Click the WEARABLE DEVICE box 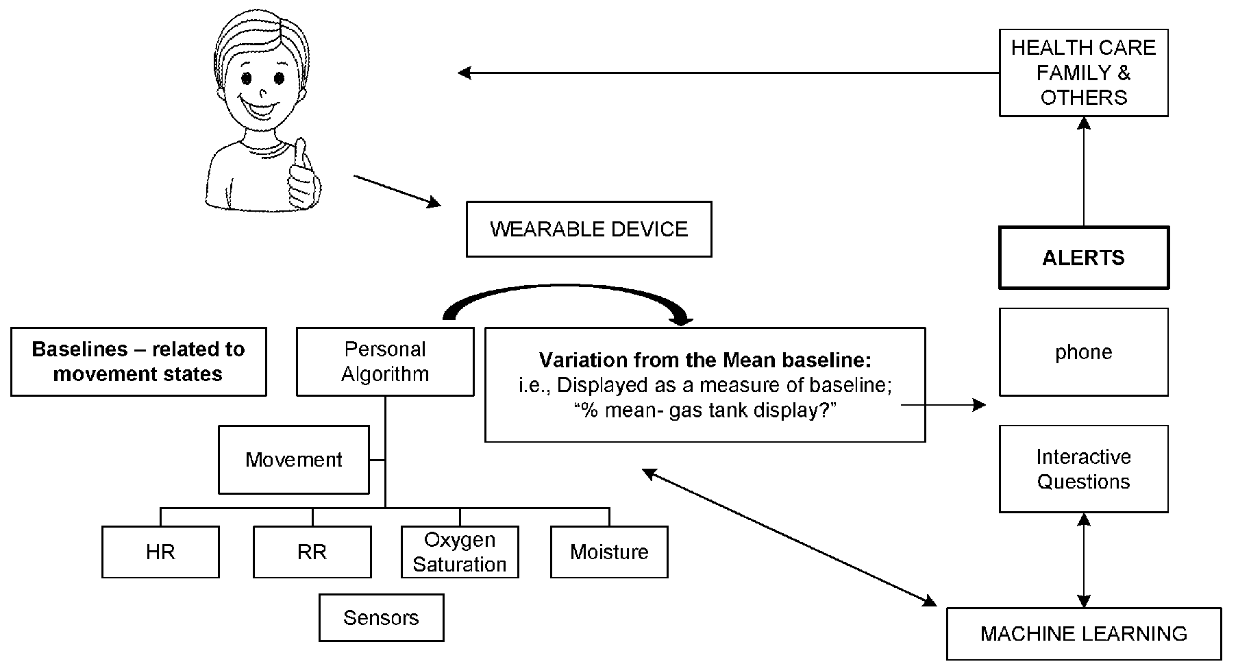pos(589,229)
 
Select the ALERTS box pos(1083,258)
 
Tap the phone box pos(1083,352)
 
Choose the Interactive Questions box pos(1083,469)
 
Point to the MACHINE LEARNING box pos(1084,634)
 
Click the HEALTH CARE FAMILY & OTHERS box pos(1083,73)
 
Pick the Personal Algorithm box pos(385,361)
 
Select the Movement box pos(294,459)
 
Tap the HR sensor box pos(160,552)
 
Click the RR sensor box pos(312,552)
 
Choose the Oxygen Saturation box pos(460,552)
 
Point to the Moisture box pos(609,552)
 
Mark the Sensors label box pos(381,617)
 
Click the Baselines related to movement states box pos(138,361)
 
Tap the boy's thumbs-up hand pos(303,177)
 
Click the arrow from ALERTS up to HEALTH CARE pos(1083,171)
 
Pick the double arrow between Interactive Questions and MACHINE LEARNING pos(1083,560)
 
